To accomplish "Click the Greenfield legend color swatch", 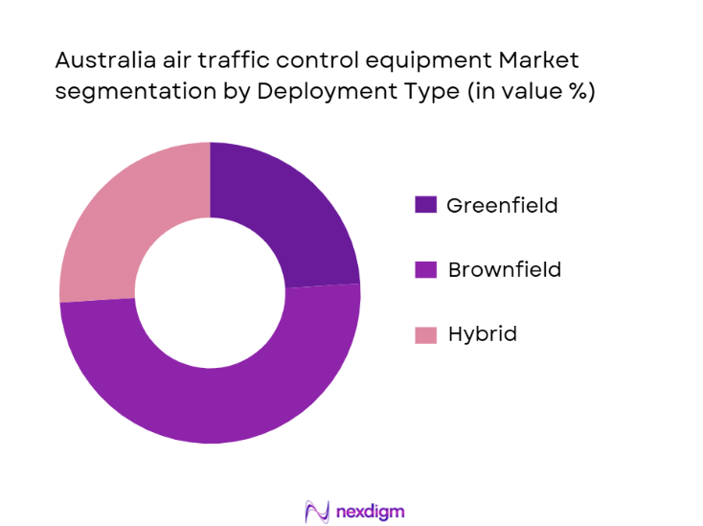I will (425, 205).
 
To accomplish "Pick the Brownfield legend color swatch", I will (425, 270).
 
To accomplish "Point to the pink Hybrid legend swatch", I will (425, 334).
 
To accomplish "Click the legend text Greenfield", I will (502, 205).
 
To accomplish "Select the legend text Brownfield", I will (504, 270).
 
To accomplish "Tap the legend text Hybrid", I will (482, 334).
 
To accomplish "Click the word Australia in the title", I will (100, 60).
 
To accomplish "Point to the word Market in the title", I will (538, 60).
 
